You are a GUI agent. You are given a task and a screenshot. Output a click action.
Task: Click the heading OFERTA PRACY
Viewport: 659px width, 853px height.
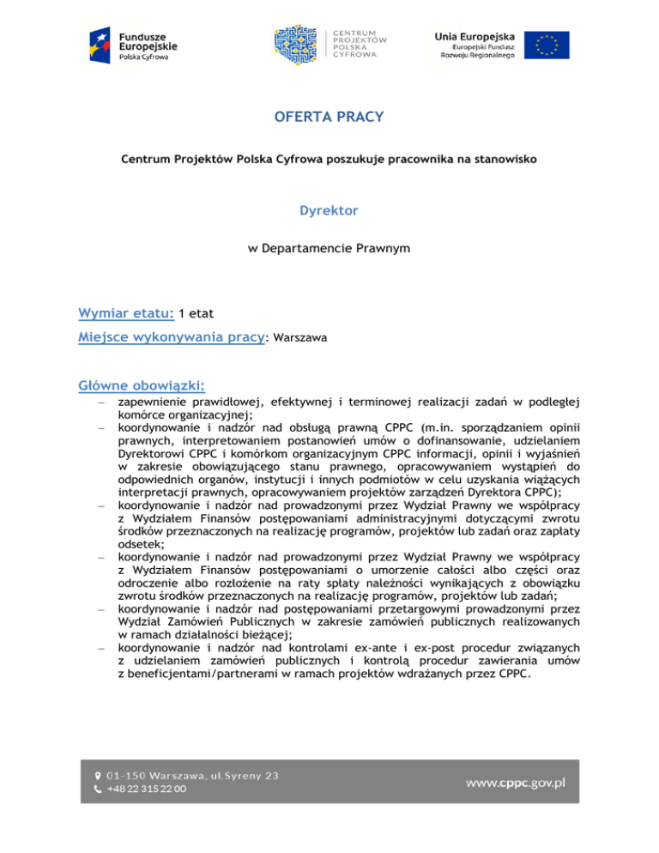(329, 116)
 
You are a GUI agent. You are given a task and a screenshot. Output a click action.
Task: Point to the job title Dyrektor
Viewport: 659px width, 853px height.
(329, 209)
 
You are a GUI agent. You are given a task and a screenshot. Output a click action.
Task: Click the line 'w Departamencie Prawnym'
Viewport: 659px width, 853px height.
(329, 249)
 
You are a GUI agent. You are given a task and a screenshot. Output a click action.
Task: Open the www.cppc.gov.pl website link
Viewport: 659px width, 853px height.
(515, 783)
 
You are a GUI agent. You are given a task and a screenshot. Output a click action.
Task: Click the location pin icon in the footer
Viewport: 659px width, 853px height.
(97, 775)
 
